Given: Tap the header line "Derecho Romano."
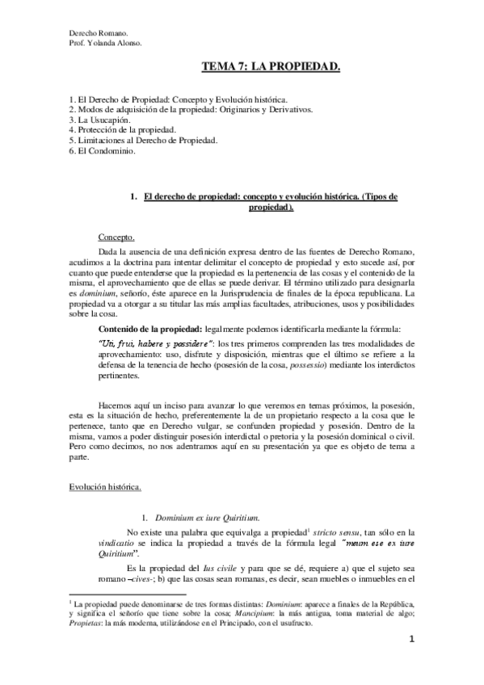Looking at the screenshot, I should click(94, 32).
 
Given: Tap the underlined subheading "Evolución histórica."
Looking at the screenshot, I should click(105, 488).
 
